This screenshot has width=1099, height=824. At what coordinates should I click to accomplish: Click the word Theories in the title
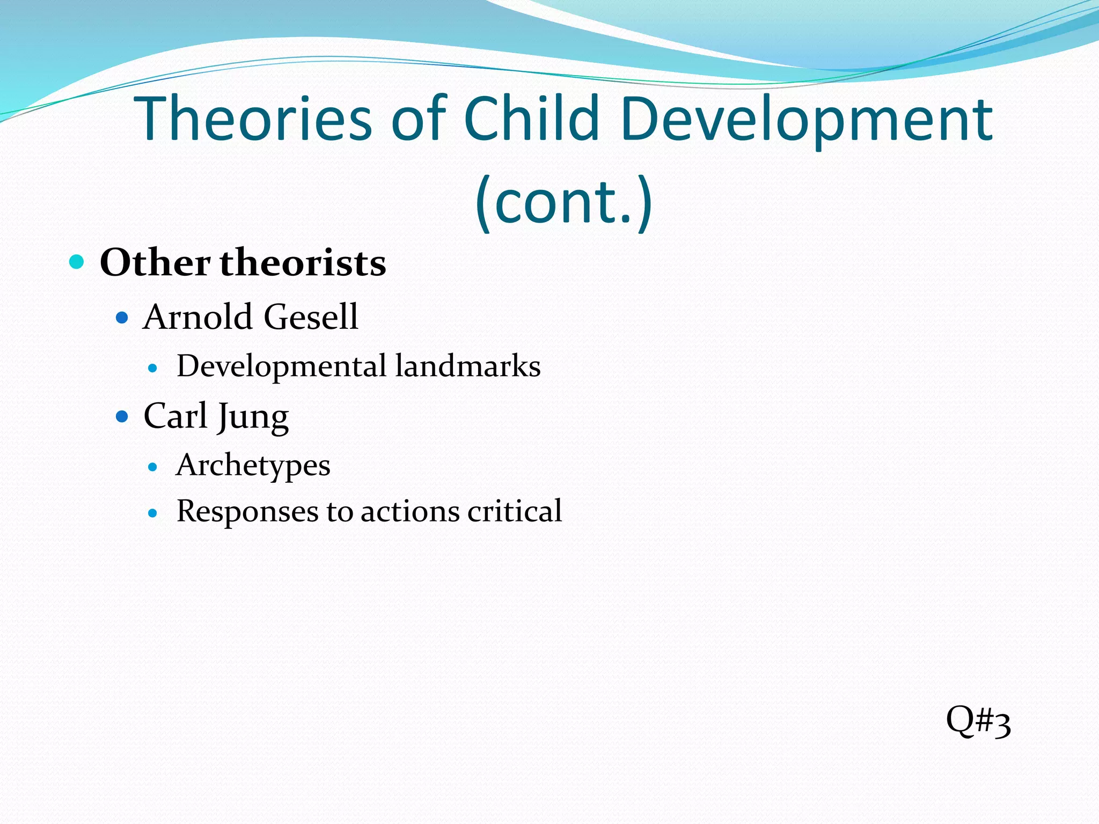[254, 119]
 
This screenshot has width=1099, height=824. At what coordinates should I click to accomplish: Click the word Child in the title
[531, 119]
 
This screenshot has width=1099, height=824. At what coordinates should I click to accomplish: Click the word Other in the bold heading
[155, 263]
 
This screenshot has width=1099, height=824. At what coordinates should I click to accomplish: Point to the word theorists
[303, 263]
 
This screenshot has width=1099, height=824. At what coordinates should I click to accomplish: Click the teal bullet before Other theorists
[77, 262]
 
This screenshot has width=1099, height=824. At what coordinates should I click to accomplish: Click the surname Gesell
[311, 317]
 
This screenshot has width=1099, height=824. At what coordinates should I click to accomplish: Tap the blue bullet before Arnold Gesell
[122, 318]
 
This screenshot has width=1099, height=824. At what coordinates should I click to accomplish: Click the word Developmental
[282, 366]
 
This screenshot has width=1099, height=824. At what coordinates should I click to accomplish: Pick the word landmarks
[468, 366]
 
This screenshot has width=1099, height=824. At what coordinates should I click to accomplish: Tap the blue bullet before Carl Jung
[122, 416]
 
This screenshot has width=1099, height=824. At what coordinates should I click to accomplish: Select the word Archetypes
[253, 466]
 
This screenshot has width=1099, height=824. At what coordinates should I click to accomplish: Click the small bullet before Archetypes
[153, 467]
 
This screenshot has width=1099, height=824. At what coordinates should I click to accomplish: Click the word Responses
[247, 511]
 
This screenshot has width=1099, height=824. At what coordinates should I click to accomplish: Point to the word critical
[515, 511]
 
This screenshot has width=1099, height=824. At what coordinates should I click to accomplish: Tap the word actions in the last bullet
[409, 511]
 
